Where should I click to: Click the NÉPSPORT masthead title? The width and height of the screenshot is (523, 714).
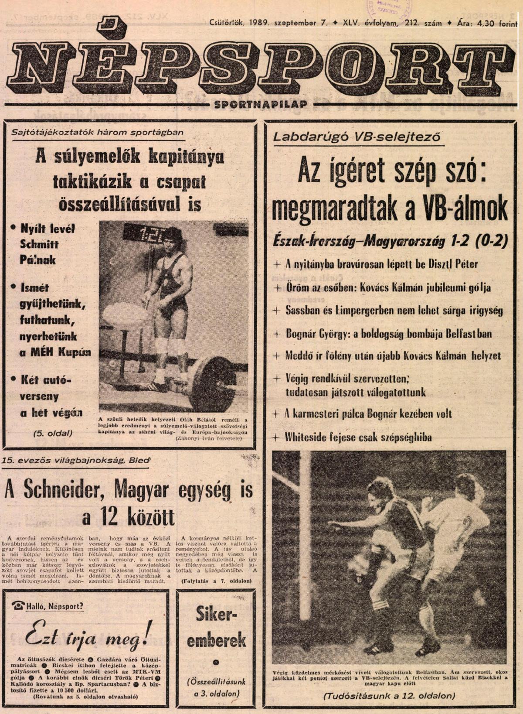257,65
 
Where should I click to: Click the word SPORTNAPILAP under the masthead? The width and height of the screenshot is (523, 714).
261,104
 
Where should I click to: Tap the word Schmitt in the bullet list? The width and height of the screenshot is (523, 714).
39,244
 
